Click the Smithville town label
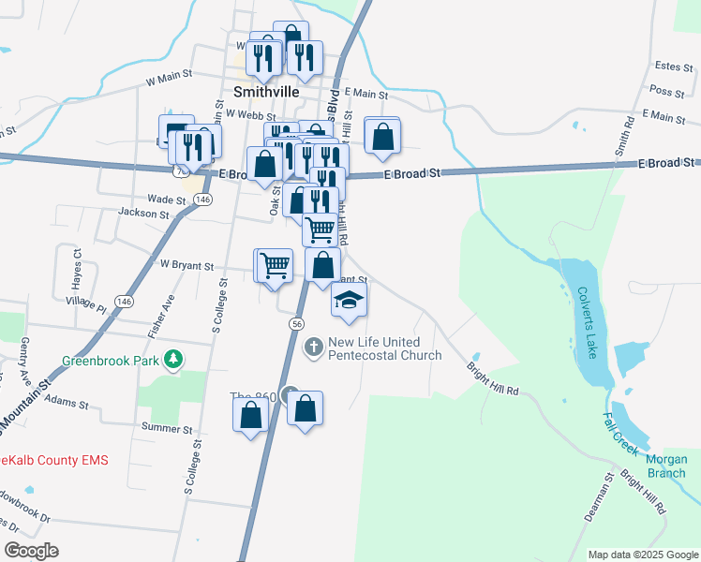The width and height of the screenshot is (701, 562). coord(265,93)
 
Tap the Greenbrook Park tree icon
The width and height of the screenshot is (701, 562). coord(172,359)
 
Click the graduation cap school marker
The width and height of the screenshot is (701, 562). coord(349,300)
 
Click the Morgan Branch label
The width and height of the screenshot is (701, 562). coord(666,466)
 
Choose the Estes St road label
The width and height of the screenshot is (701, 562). coord(673,66)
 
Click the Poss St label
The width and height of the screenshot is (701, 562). coord(667,91)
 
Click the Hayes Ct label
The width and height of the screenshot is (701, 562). coord(78,267)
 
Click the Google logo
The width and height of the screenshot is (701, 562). coord(31,551)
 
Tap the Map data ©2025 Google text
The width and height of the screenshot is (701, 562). coord(642,555)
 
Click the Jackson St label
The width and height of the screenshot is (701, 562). coord(143,214)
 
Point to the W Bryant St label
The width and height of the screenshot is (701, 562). coord(187,266)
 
